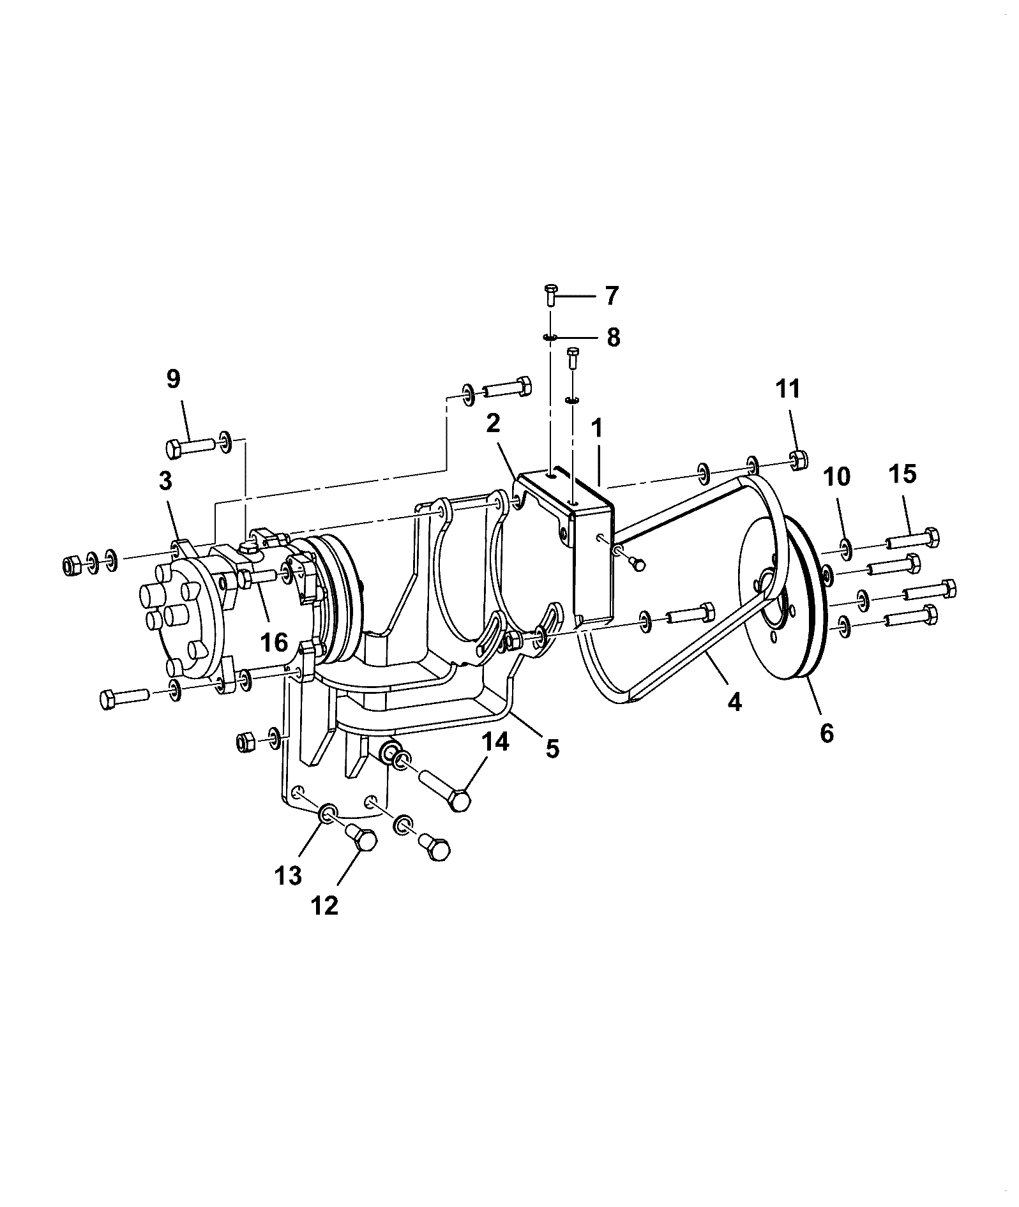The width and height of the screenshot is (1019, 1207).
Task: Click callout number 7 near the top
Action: [611, 296]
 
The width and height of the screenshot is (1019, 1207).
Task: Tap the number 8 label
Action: [613, 337]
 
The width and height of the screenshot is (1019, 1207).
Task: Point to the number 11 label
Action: [788, 388]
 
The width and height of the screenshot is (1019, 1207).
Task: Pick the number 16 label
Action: [275, 642]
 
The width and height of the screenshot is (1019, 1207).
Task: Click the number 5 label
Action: [552, 747]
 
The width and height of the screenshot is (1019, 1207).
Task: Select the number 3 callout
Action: [165, 481]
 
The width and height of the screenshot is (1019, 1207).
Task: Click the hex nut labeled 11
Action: [797, 459]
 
